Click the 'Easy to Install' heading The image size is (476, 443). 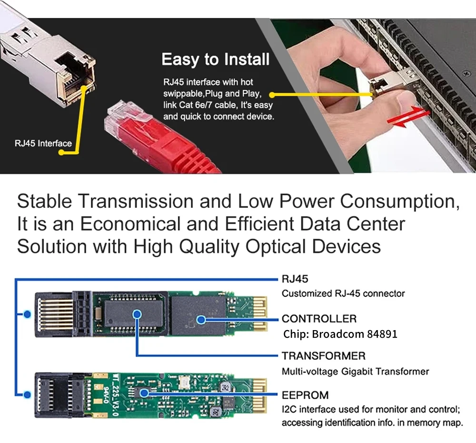(216, 60)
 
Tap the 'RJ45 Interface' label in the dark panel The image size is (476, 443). (43, 143)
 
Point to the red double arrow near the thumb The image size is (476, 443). (408, 117)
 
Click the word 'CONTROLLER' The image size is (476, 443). (319, 319)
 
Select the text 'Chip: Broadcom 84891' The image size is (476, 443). (340, 334)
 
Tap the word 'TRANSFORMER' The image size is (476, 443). (324, 356)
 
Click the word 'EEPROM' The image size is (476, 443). (305, 395)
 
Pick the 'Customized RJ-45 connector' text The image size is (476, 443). (343, 293)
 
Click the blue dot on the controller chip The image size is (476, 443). (201, 320)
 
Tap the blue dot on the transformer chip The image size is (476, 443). (137, 314)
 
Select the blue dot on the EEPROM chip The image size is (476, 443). (144, 393)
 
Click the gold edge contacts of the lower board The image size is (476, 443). (260, 395)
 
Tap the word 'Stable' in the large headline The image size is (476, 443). (44, 201)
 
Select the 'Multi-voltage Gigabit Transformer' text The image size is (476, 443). (356, 372)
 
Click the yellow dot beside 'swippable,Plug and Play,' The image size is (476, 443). (272, 95)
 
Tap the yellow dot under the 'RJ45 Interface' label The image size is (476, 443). (61, 152)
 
